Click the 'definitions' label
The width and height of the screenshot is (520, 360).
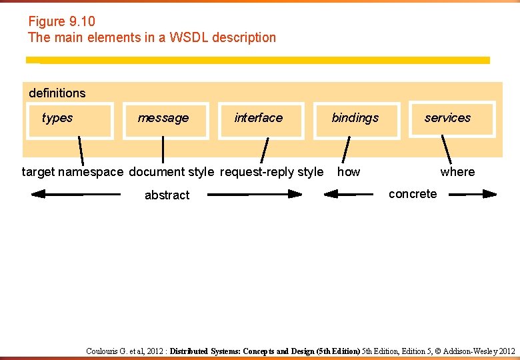point(57,93)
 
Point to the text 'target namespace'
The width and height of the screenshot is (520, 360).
point(73,172)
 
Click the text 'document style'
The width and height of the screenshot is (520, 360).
point(171,172)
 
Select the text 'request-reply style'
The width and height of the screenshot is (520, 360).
point(271,172)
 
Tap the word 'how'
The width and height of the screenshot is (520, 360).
point(349,172)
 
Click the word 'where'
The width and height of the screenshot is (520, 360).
point(457,172)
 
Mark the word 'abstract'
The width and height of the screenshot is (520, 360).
point(167,195)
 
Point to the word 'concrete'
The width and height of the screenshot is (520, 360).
point(413,194)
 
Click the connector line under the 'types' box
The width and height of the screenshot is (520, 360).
point(81,150)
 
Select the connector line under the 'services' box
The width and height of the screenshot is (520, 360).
point(446,149)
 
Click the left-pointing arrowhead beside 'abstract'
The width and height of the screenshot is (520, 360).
point(39,194)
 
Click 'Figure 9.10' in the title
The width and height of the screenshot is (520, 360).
point(61,22)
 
